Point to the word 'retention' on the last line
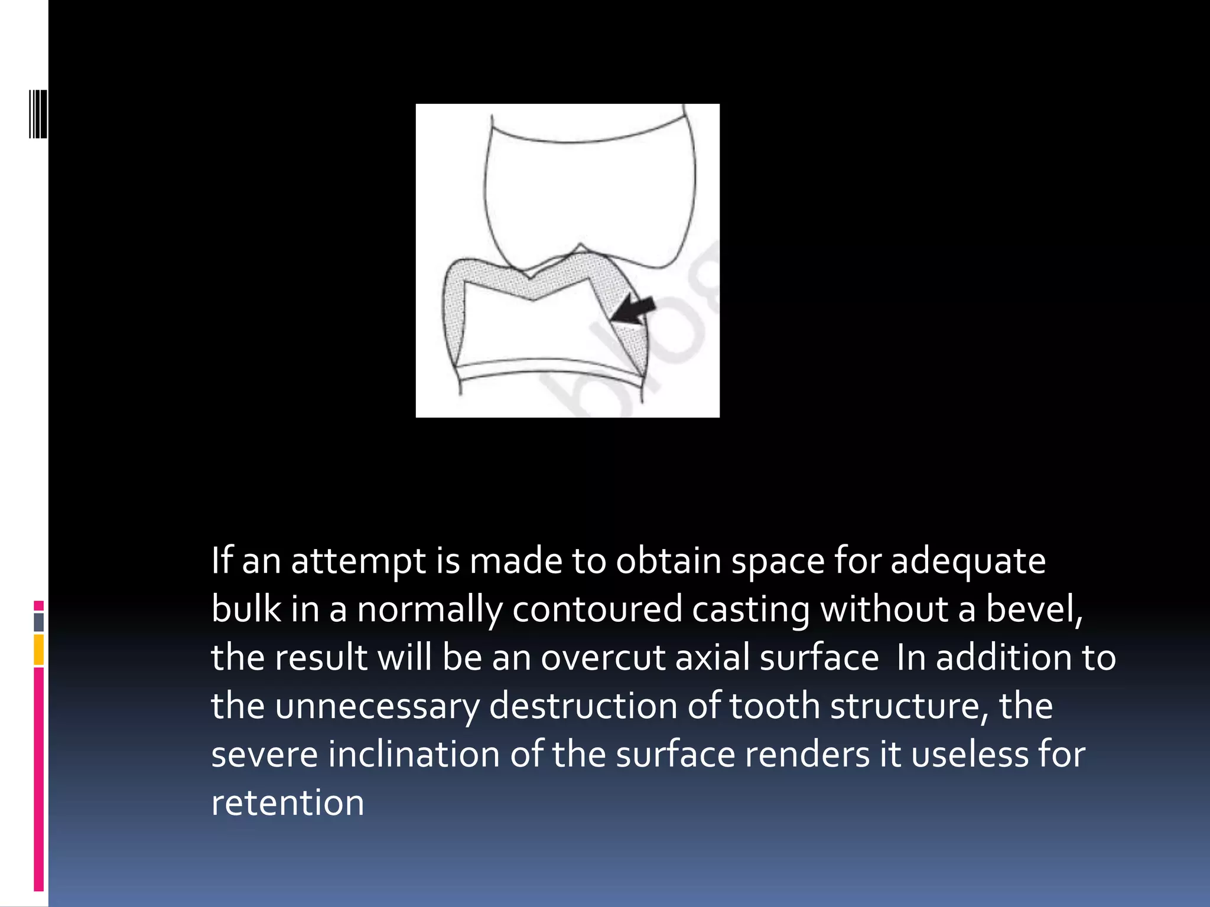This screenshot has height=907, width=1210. [x=288, y=802]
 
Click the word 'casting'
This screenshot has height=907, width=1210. [x=750, y=609]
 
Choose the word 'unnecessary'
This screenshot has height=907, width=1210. [x=378, y=706]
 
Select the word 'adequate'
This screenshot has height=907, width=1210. [x=968, y=561]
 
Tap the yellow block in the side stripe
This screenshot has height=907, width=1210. [x=38, y=650]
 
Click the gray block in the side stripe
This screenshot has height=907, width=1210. [x=38, y=622]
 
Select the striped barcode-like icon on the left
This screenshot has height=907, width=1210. [x=38, y=115]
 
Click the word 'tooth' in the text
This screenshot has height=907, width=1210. [x=775, y=706]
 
